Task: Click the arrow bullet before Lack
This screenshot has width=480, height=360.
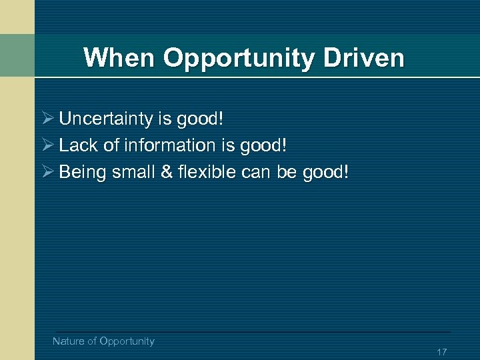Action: tap(47, 145)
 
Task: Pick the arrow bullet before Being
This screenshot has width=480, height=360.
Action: tap(47, 172)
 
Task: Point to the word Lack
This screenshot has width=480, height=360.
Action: tap(77, 145)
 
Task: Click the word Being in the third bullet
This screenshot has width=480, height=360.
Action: tap(83, 173)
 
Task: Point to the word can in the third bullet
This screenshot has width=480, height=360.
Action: tap(257, 173)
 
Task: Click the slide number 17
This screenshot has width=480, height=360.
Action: tap(441, 352)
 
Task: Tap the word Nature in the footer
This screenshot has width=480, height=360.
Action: tap(68, 341)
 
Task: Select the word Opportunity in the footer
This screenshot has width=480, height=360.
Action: tap(127, 341)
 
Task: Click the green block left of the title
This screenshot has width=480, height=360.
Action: tap(17, 55)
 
